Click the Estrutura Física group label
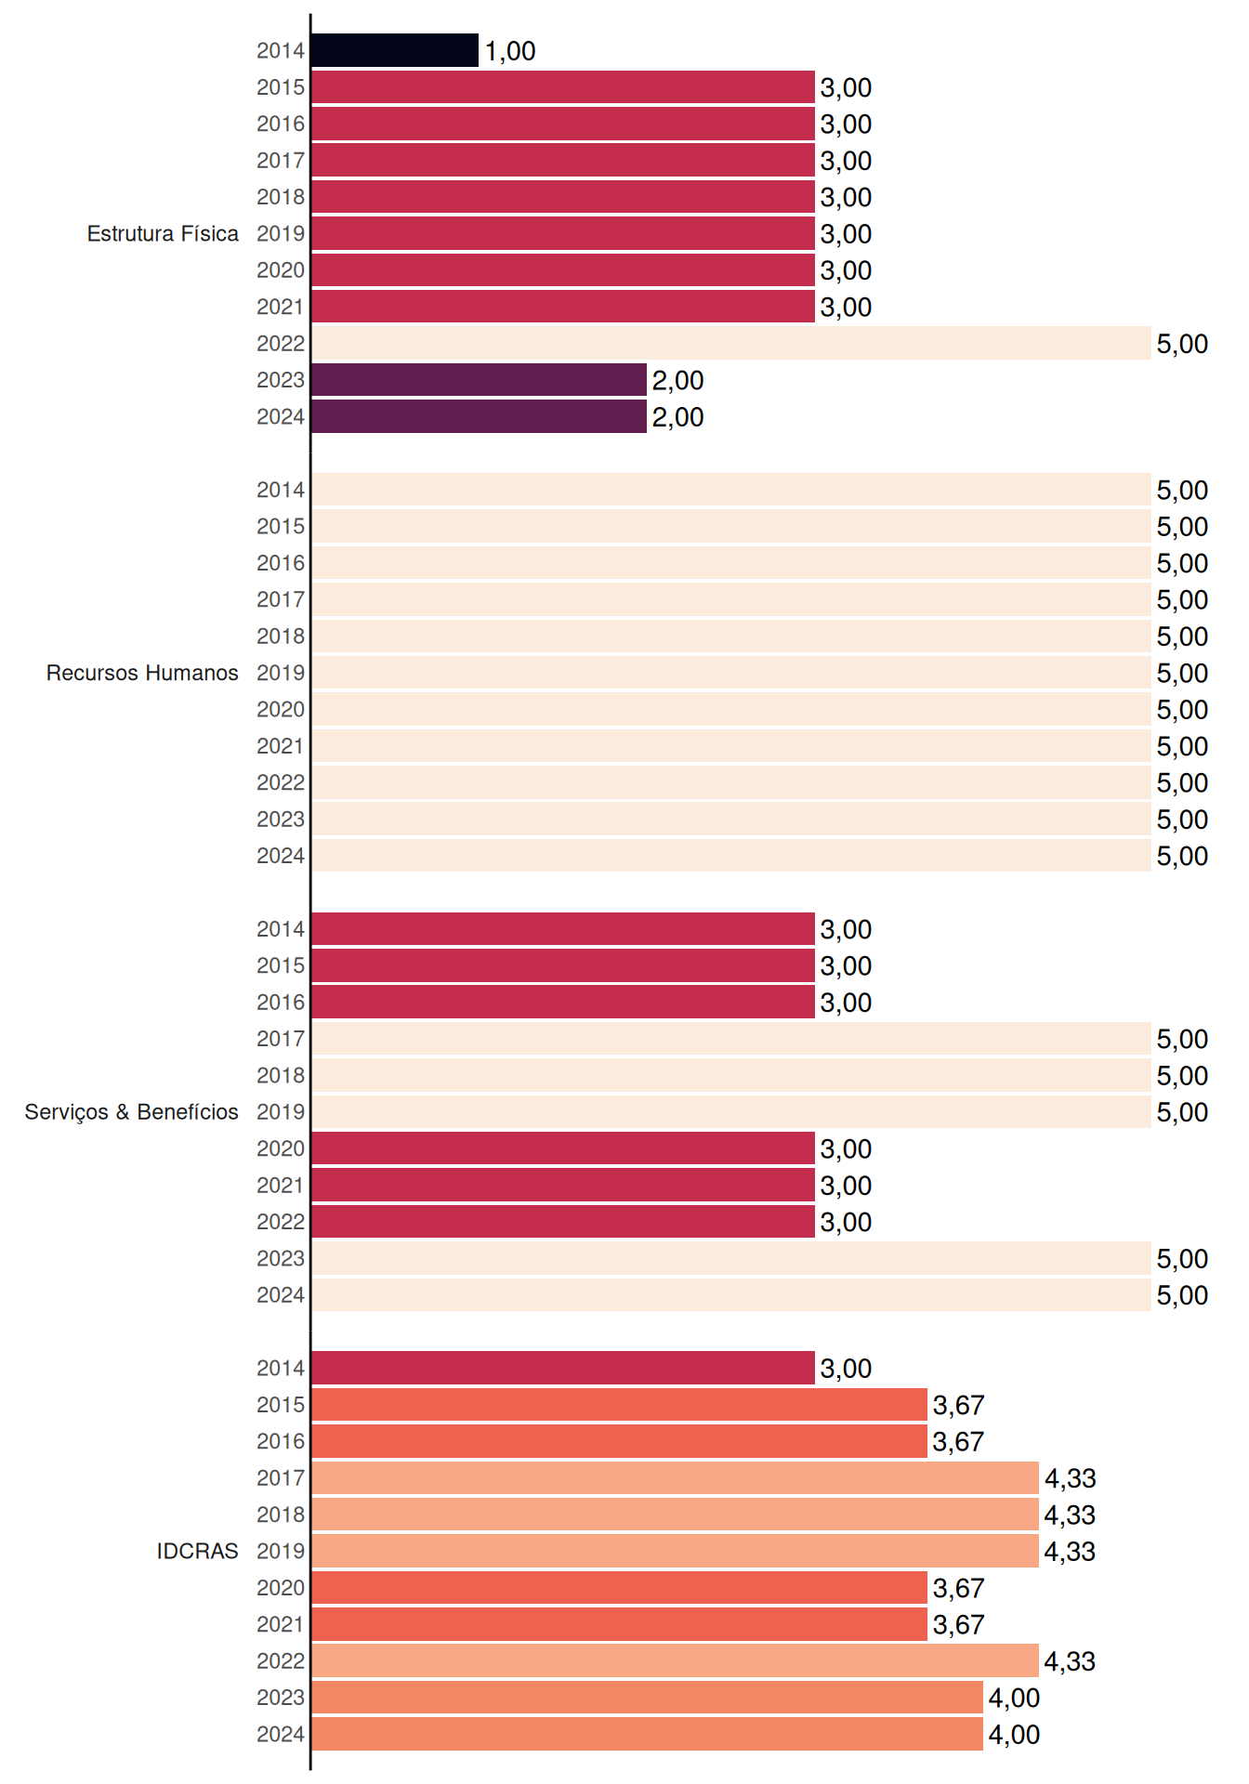pyautogui.click(x=163, y=233)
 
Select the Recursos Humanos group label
pyautogui.click(x=142, y=673)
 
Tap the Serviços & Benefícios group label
pyautogui.click(x=131, y=1112)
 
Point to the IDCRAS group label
pyautogui.click(x=197, y=1551)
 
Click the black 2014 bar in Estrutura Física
pyautogui.click(x=395, y=50)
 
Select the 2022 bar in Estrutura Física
pyautogui.click(x=731, y=343)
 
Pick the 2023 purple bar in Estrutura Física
pyautogui.click(x=480, y=380)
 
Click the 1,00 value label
pyautogui.click(x=510, y=51)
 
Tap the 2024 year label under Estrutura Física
pyautogui.click(x=281, y=417)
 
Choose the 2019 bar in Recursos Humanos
pyautogui.click(x=731, y=673)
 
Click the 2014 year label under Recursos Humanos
pyautogui.click(x=281, y=490)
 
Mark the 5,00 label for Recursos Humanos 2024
pyautogui.click(x=1182, y=857)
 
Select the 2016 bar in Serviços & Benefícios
pyautogui.click(x=563, y=1002)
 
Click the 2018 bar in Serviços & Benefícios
pyautogui.click(x=731, y=1075)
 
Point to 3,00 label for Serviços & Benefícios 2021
pyautogui.click(x=846, y=1186)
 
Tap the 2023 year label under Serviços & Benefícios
pyautogui.click(x=281, y=1258)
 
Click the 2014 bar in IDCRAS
pyautogui.click(x=563, y=1368)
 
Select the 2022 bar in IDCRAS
pyautogui.click(x=676, y=1660)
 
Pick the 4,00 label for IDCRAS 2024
pyautogui.click(x=1014, y=1735)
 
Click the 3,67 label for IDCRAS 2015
pyautogui.click(x=958, y=1405)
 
